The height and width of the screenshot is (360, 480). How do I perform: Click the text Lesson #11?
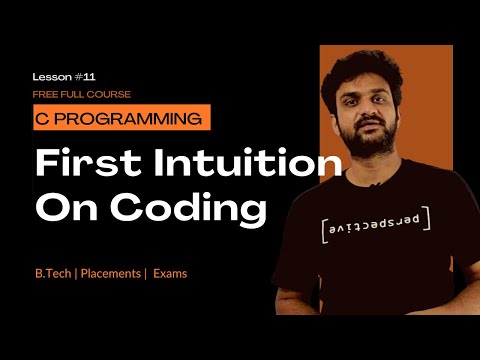pyautogui.click(x=61, y=76)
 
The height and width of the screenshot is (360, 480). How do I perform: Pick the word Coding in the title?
pyautogui.click(x=186, y=208)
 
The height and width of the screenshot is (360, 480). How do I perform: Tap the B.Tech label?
pyautogui.click(x=56, y=272)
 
